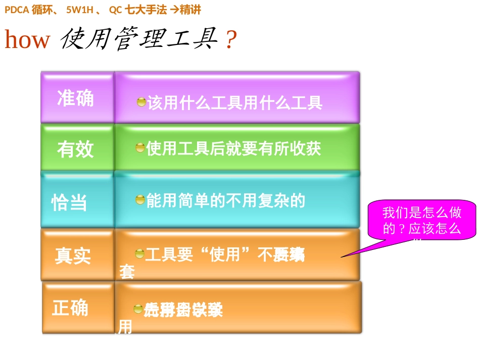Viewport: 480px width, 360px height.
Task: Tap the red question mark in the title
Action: coord(231,40)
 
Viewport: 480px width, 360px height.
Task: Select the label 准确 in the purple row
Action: coord(76,98)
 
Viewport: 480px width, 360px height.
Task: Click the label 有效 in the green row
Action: coord(76,149)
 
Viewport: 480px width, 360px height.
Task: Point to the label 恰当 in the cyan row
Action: coord(70,202)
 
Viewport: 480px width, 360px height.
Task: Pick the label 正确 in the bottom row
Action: coord(70,307)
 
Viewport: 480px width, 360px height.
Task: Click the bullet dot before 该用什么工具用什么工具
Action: coord(141,102)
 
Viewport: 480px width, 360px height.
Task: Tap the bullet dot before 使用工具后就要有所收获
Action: coord(140,147)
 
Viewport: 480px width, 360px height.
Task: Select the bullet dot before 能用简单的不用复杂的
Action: coord(140,200)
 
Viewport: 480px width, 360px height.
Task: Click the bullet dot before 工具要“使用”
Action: coord(139,253)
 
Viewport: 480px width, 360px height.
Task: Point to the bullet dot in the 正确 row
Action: coord(138,308)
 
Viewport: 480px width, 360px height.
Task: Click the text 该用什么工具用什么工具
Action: coord(235,103)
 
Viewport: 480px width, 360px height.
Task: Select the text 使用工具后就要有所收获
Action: coord(233,148)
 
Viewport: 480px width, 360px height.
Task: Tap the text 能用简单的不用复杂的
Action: coord(226,201)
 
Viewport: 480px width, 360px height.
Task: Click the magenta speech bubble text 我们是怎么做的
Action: coord(422,221)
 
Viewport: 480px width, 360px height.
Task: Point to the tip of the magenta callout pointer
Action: coord(341,257)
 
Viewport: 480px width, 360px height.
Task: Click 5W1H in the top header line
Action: coord(80,10)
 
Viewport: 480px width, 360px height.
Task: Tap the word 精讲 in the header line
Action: coord(190,10)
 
